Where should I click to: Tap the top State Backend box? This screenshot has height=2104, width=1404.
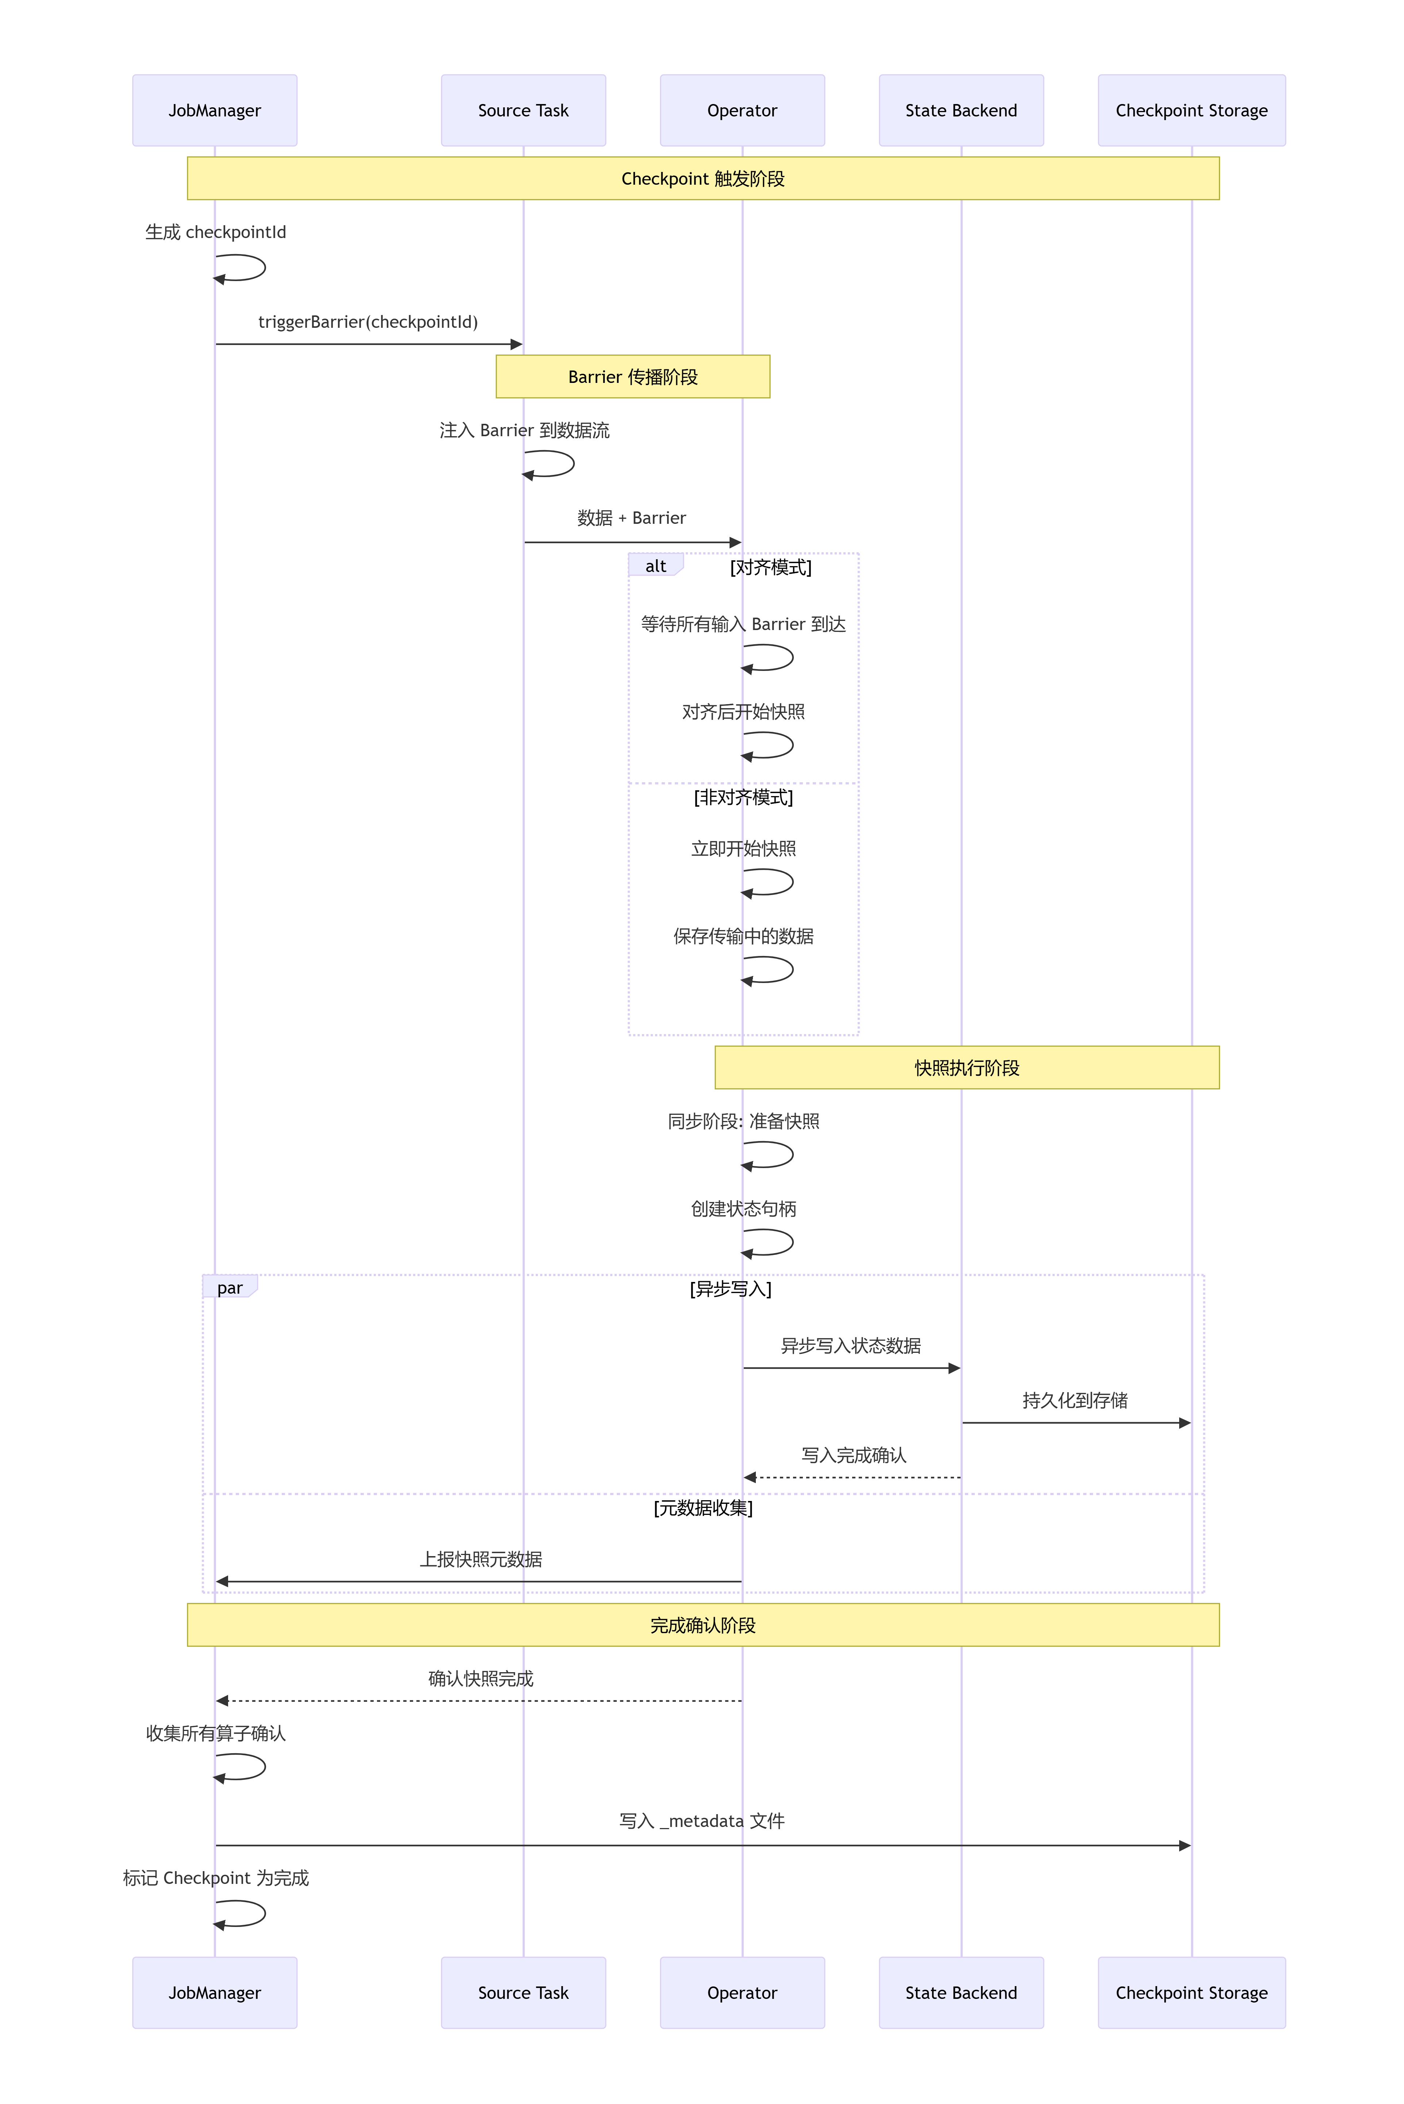tap(961, 110)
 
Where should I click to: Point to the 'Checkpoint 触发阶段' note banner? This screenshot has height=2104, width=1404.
tap(703, 178)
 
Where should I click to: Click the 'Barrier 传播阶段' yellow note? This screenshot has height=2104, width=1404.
tap(632, 377)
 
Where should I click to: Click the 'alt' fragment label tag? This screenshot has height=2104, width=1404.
tap(655, 566)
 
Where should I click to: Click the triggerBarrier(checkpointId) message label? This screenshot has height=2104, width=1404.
tap(368, 322)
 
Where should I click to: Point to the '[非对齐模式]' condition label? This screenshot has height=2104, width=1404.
tap(743, 797)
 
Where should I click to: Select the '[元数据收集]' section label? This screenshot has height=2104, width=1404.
tap(703, 1508)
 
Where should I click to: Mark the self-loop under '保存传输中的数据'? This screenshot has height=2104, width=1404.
tap(770, 970)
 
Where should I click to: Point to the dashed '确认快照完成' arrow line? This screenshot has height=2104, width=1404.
tap(479, 1700)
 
